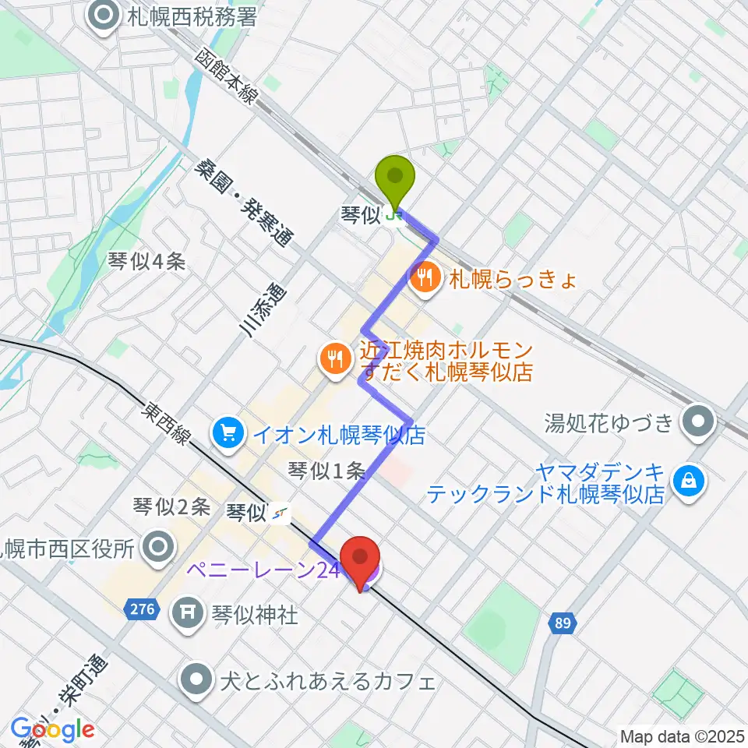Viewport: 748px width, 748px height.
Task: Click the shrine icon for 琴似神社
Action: pos(188,615)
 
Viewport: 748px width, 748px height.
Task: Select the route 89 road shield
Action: pos(563,623)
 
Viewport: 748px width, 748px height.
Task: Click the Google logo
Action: pos(52,730)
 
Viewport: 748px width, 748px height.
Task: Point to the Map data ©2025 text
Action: pos(682,736)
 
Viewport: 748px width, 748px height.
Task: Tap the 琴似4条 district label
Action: pos(147,262)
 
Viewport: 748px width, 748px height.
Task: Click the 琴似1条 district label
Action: pos(326,470)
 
